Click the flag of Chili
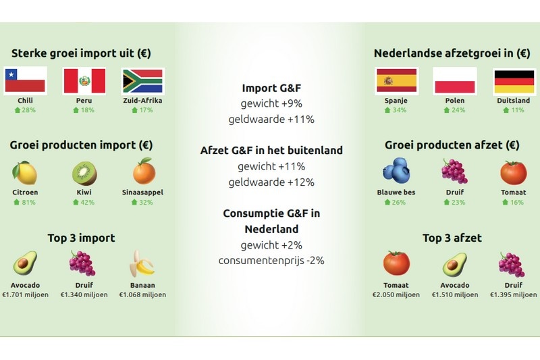tap(25, 80)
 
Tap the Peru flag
tap(84, 80)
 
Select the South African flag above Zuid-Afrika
tap(142, 80)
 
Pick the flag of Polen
tap(454, 80)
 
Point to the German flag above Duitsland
tap(514, 80)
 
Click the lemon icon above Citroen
tap(25, 172)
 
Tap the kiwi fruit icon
tap(84, 173)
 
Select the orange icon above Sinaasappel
tap(143, 172)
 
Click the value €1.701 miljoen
tap(25, 294)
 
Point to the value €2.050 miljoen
tap(396, 294)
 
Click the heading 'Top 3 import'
tap(81, 238)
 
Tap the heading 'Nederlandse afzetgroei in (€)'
tap(452, 53)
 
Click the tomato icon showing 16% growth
tap(514, 172)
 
